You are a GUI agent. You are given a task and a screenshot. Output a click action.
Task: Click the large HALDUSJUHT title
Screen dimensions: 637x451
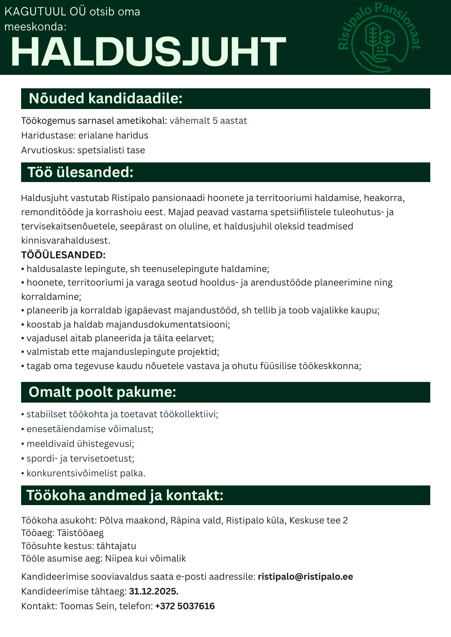pos(148,52)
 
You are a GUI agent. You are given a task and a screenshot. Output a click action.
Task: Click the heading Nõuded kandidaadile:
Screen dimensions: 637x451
pos(105,98)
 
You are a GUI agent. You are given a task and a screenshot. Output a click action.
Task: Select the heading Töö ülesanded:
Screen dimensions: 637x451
pos(80,172)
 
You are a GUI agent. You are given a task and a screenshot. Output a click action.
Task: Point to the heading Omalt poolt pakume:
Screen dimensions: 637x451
pos(102,392)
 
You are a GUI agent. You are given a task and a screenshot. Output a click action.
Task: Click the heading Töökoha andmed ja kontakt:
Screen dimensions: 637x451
pos(124,495)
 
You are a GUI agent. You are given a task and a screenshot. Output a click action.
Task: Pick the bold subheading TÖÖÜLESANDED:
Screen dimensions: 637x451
pos(63,255)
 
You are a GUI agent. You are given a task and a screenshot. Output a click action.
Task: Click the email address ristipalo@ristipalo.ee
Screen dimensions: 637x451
pos(305,577)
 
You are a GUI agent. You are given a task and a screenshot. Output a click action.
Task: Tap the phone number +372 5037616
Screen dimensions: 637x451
pos(185,606)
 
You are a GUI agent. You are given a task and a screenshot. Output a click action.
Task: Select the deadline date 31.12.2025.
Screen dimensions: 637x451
pos(153,591)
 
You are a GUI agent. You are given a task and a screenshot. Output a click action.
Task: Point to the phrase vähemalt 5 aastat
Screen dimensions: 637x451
pos(208,121)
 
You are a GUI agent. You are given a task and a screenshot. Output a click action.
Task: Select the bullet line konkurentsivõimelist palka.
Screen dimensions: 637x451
pos(86,473)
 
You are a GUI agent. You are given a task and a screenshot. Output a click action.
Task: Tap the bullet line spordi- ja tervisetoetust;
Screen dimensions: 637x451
pos(80,458)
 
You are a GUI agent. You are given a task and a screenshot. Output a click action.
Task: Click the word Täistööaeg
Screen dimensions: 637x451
pos(80,533)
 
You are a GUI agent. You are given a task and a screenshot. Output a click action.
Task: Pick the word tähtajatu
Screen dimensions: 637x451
pos(116,545)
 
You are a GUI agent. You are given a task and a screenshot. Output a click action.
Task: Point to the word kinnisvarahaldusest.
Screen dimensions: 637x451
pos(65,240)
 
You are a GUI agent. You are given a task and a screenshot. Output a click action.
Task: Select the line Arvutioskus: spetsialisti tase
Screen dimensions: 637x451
pos(83,150)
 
